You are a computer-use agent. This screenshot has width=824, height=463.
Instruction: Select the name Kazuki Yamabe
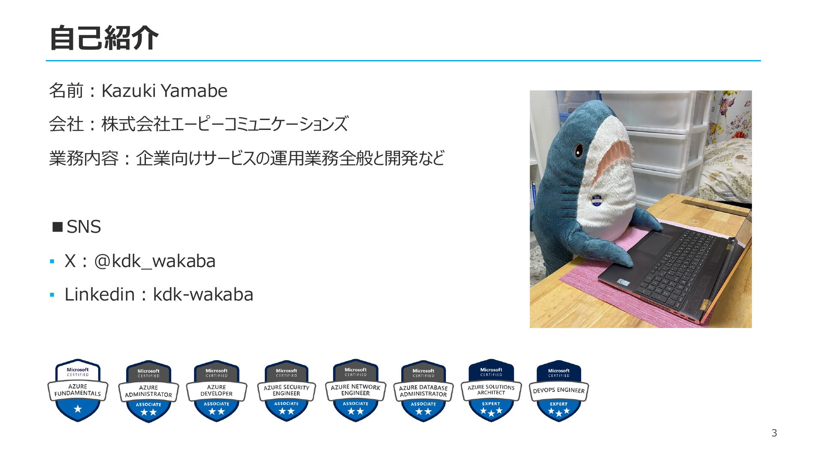coord(164,91)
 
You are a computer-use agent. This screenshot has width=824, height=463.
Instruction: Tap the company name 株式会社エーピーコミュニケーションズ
coord(224,124)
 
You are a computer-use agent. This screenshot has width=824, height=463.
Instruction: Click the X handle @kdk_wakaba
coord(154,261)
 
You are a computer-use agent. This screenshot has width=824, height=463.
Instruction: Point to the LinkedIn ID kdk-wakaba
coord(203,295)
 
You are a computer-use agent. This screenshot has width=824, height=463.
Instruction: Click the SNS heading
coord(84,227)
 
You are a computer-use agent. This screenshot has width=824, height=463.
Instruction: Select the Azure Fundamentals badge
coord(78,391)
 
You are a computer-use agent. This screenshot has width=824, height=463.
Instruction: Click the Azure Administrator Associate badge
coord(148,391)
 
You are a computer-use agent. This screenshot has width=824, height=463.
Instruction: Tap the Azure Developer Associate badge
coord(216,391)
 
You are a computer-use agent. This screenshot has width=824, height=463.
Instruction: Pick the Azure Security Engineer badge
coord(286,391)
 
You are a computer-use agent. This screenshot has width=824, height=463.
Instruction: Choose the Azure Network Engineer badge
coord(355,391)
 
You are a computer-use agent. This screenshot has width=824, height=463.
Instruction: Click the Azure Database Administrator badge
coord(423,391)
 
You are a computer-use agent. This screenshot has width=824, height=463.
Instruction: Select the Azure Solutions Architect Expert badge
coord(491,391)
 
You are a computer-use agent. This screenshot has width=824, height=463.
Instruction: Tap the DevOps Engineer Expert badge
coord(559,391)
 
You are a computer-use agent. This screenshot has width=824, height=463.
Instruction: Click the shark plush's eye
coord(579,150)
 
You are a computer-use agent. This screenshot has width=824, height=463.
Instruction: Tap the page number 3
coord(774,433)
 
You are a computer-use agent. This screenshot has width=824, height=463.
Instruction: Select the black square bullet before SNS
coord(58,226)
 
